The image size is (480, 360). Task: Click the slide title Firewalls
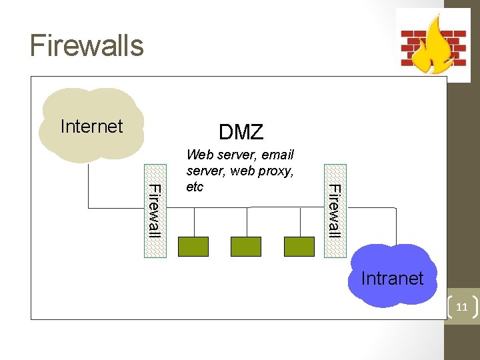[87, 45]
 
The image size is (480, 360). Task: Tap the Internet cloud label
[91, 127]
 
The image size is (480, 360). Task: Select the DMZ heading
[241, 132]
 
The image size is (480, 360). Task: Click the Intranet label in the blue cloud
[392, 278]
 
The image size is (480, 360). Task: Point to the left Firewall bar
[154, 210]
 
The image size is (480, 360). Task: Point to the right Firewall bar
[335, 210]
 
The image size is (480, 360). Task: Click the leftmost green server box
[193, 247]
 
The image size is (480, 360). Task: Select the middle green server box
[246, 247]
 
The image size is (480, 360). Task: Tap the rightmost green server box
[299, 247]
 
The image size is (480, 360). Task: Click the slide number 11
[461, 307]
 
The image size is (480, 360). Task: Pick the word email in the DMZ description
[278, 155]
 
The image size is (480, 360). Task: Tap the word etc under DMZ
[195, 187]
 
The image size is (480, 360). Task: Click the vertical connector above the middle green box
[247, 223]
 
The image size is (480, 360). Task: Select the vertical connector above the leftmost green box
[194, 223]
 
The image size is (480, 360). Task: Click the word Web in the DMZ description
[199, 155]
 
